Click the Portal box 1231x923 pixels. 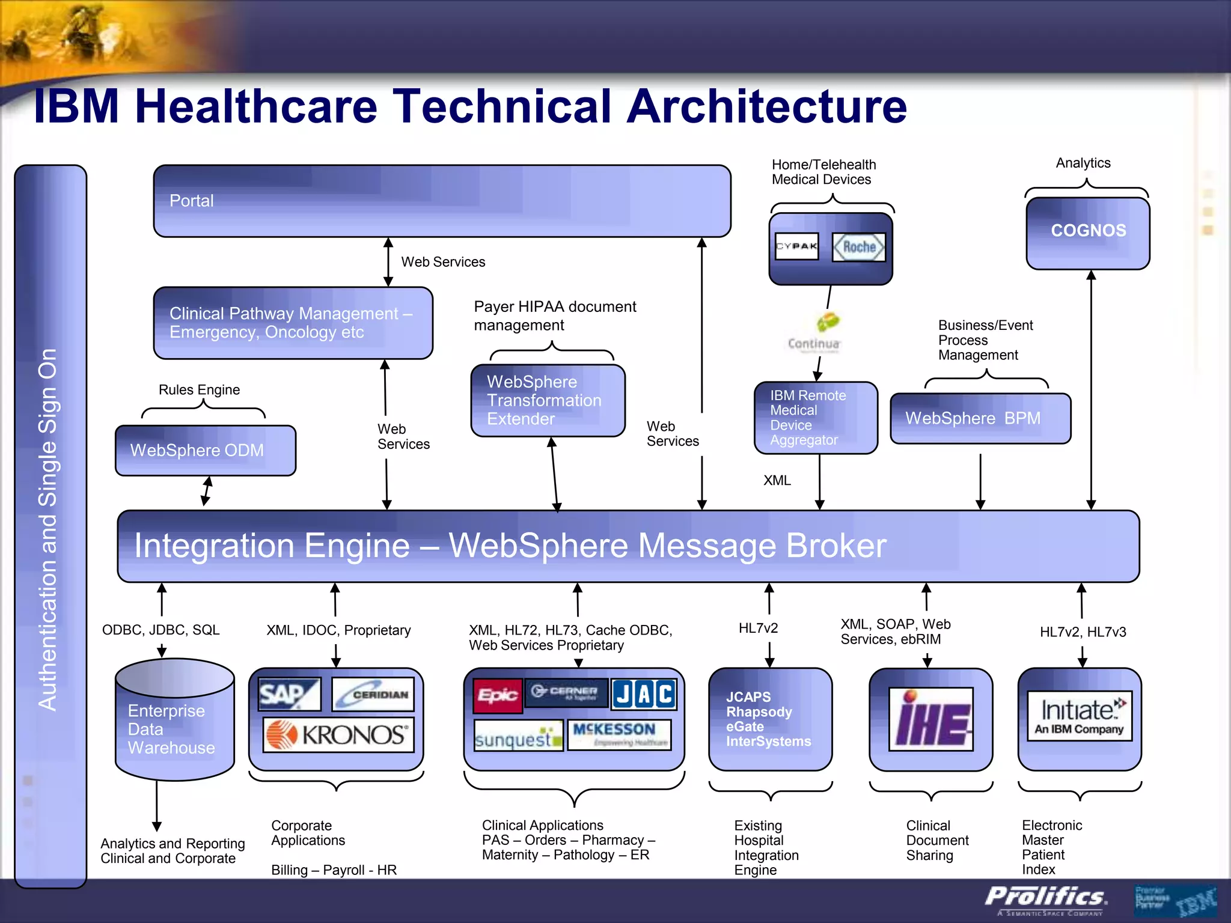coord(442,201)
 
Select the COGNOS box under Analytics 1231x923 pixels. coord(1088,233)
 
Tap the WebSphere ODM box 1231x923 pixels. coord(206,450)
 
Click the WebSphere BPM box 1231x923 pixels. coord(980,418)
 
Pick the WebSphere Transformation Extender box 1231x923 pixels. coord(548,400)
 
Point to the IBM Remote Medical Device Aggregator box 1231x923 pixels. coord(816,418)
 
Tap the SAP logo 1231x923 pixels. coord(289,694)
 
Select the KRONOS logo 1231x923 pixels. coord(338,734)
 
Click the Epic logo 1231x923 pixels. coord(497,695)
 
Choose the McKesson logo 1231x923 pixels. coord(619,734)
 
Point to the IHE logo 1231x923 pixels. coord(930,719)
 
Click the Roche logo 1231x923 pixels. coord(858,247)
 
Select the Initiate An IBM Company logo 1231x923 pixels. coord(1080,716)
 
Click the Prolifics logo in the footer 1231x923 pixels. coord(1045,897)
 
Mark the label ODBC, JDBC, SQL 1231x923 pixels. coord(160,630)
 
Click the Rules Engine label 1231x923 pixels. coord(199,390)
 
